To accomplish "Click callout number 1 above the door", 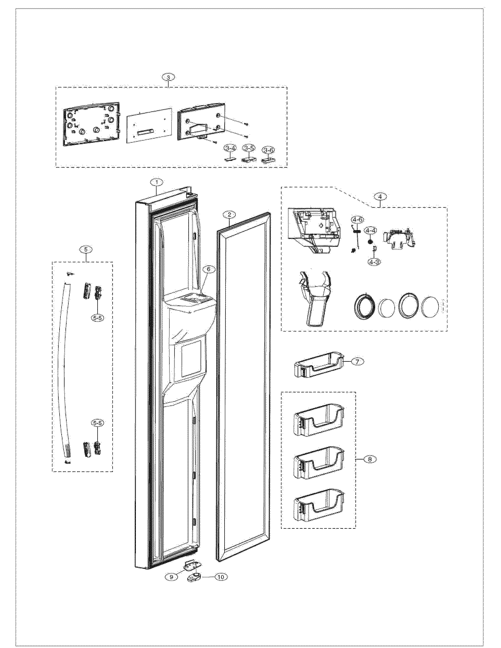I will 157,182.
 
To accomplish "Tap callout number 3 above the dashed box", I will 169,77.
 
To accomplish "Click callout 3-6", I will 268,151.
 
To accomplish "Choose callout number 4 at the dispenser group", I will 380,196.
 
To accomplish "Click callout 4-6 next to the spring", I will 357,220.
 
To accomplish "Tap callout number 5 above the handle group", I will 86,250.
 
